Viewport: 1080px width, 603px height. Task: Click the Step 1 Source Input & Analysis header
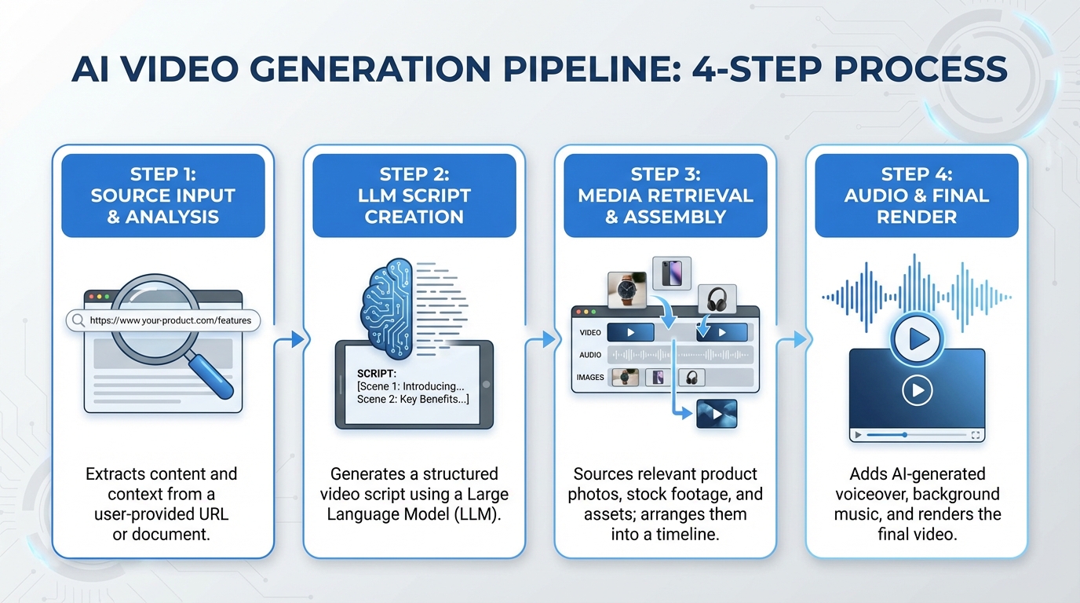[x=163, y=195]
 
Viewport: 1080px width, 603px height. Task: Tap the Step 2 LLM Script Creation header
[x=414, y=195]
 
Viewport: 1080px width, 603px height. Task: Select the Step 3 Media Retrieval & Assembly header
[x=666, y=195]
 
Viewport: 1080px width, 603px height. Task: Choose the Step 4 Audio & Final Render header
[x=917, y=195]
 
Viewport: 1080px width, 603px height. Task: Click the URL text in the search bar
[x=170, y=320]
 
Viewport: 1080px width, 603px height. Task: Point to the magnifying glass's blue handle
[x=211, y=375]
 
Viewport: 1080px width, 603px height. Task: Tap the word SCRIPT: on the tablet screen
[x=377, y=373]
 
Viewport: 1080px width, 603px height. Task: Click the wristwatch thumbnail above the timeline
[x=627, y=291]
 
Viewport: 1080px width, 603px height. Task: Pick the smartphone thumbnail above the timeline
[x=672, y=273]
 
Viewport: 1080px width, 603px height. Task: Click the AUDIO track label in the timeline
[x=590, y=355]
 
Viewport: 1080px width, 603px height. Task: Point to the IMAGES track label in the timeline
[x=590, y=378]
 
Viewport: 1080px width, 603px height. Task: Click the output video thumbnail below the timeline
[x=717, y=413]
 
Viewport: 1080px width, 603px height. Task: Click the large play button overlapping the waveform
[x=917, y=339]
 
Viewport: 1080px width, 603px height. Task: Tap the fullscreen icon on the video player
[x=976, y=434]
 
